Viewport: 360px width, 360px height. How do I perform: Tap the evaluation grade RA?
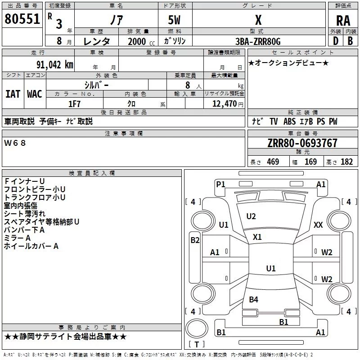(x=343, y=20)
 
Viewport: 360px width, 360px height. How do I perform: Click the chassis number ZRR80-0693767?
(x=302, y=144)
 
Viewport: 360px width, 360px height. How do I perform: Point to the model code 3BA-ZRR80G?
(x=258, y=41)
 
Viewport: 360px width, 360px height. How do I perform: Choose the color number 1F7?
(x=74, y=103)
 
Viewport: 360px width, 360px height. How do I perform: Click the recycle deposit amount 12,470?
(x=224, y=104)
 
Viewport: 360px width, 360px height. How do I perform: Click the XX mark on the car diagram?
(x=318, y=225)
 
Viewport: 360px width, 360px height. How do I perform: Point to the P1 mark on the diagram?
(x=220, y=184)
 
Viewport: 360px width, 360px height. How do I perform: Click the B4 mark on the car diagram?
(x=253, y=300)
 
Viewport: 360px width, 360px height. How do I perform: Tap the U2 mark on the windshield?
(x=251, y=216)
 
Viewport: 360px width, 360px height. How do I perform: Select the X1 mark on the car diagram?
(x=257, y=237)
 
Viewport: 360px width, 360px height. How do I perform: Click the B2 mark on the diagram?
(x=194, y=240)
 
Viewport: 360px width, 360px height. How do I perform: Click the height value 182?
(x=346, y=162)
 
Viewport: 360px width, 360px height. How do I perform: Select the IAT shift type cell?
(x=13, y=94)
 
